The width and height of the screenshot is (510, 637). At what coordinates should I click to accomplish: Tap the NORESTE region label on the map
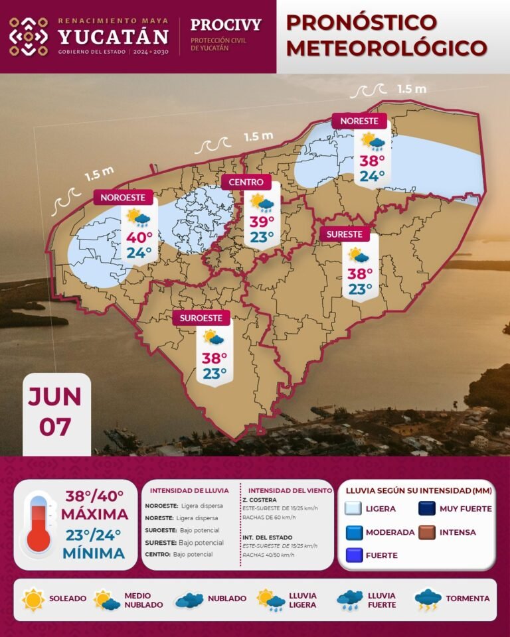click(359, 121)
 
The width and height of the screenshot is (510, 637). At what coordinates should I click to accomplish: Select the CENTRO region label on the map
click(246, 182)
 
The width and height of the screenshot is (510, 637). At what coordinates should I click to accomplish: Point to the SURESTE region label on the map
click(345, 234)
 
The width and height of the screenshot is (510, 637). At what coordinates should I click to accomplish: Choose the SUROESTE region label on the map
click(201, 318)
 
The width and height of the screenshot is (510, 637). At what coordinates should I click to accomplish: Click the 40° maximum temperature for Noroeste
click(139, 237)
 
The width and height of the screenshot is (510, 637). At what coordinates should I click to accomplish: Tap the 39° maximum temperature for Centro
click(262, 222)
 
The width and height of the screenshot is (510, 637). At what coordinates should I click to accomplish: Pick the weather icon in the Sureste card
click(359, 255)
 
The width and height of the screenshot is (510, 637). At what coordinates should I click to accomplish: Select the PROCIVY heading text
click(226, 25)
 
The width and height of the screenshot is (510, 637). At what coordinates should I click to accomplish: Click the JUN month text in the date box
click(54, 397)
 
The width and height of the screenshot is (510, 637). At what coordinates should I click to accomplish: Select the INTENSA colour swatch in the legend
click(426, 532)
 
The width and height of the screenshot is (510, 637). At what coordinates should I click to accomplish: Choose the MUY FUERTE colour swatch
click(426, 509)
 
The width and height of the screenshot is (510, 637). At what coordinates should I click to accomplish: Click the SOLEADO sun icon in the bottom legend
click(33, 599)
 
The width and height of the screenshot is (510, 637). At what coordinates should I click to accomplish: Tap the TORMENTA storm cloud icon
click(428, 599)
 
